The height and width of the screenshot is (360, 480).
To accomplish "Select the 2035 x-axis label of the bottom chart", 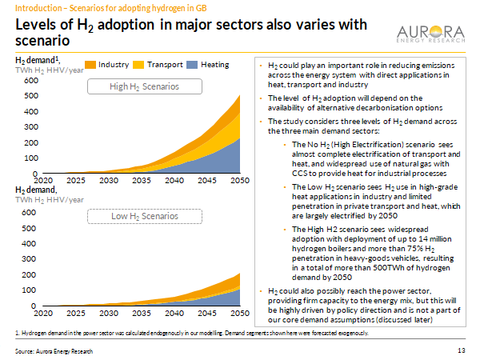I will [x=140, y=313].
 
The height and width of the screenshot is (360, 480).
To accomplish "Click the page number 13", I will [x=461, y=350].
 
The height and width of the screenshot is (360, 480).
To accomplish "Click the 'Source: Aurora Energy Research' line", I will [x=55, y=350].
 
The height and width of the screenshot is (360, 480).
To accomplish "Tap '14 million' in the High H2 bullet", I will [x=426, y=238].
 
